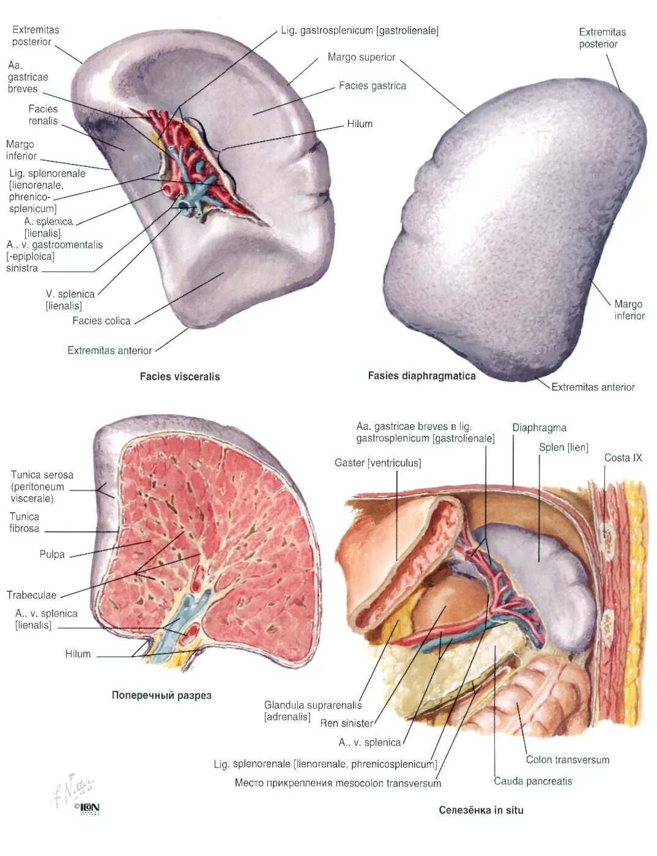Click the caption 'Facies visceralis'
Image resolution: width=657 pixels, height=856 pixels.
[x=179, y=377]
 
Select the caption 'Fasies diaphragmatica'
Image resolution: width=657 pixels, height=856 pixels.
[x=421, y=376]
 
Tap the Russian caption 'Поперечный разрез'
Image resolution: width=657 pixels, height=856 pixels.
[x=161, y=695]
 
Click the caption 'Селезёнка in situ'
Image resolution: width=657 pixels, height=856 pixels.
[x=481, y=810]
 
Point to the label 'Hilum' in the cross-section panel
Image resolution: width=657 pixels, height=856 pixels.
[x=78, y=654]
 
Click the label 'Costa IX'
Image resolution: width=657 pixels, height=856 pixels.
[x=623, y=458]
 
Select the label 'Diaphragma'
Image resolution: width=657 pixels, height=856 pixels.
[x=539, y=428]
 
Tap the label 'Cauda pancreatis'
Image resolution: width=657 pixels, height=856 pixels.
[x=533, y=781]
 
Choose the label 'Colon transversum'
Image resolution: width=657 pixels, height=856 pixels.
[x=567, y=760]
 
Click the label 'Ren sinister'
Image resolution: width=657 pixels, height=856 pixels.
[x=346, y=723]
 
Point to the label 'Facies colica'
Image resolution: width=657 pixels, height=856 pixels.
[x=101, y=321]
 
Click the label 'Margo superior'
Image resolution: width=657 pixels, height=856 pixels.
[x=362, y=57]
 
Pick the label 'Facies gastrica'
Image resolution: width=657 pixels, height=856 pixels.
[x=372, y=86]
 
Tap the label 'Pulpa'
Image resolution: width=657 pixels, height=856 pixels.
[x=52, y=555]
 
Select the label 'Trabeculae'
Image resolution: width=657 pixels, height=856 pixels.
[x=31, y=595]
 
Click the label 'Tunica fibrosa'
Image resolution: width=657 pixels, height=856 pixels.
[x=24, y=523]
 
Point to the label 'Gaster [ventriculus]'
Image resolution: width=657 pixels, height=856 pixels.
[x=377, y=463]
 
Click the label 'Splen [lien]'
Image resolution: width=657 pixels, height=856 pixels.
[x=563, y=448]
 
